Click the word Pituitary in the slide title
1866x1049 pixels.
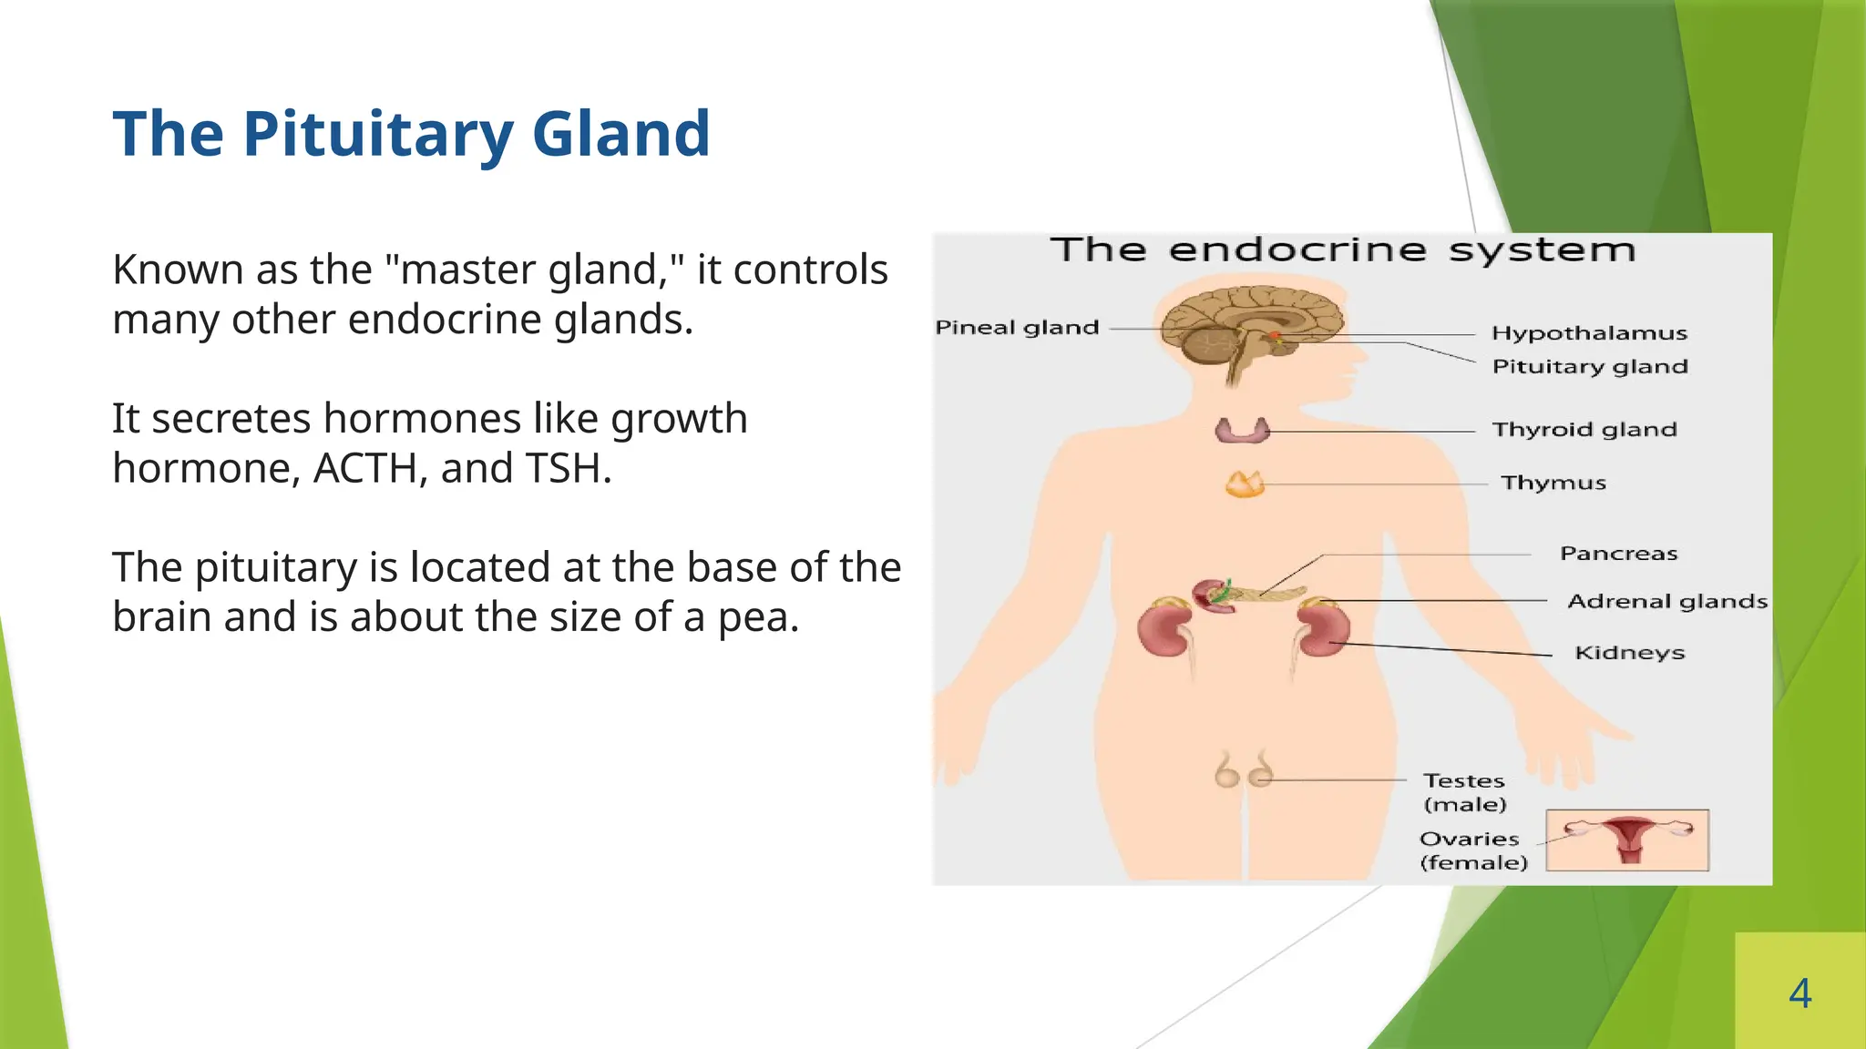coord(377,135)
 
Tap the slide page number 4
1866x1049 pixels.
coord(1799,993)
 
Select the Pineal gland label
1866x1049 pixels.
coord(1017,328)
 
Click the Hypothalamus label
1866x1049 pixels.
coord(1589,333)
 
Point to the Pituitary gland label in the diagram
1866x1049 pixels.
coord(1589,367)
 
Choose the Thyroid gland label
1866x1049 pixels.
coord(1584,430)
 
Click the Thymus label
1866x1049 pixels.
coord(1553,483)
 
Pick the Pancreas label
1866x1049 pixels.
coord(1618,554)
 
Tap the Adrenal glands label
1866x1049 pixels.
coord(1666,602)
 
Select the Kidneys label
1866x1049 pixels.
coord(1629,653)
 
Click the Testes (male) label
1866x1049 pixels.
coord(1464,792)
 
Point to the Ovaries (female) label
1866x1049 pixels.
coord(1472,850)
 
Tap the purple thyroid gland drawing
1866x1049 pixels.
coord(1242,430)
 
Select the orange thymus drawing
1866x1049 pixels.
coord(1245,484)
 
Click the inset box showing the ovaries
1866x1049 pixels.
coord(1627,840)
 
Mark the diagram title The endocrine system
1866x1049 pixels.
coord(1343,250)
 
